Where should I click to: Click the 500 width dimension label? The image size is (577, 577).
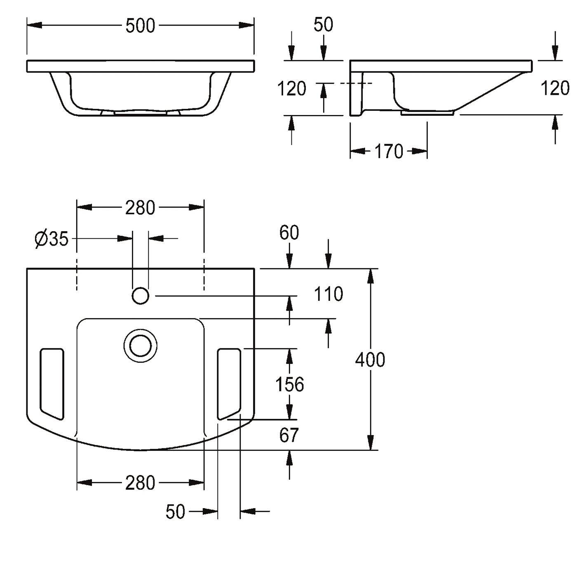point(140,26)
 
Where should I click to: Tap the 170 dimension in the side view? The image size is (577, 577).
point(389,152)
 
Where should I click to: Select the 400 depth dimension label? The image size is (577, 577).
point(370,360)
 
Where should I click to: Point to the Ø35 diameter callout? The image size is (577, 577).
point(52,239)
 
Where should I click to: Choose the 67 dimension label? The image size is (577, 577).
point(289,435)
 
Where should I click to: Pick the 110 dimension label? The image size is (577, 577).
point(328,294)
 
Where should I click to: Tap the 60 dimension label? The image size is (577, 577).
point(289,233)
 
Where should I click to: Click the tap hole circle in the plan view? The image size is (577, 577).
point(141,296)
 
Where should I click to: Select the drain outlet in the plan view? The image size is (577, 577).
point(141,346)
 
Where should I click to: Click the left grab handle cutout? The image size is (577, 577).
point(52,384)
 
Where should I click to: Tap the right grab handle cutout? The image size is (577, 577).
point(229,384)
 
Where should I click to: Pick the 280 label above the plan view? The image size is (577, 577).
point(140,207)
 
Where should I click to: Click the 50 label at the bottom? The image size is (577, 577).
point(176,512)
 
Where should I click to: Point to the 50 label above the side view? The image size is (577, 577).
point(324,25)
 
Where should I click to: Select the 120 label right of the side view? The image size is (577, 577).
point(555,88)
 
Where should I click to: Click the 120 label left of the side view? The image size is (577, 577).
point(292,89)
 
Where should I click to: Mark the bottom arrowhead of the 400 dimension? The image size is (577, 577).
point(371,442)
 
